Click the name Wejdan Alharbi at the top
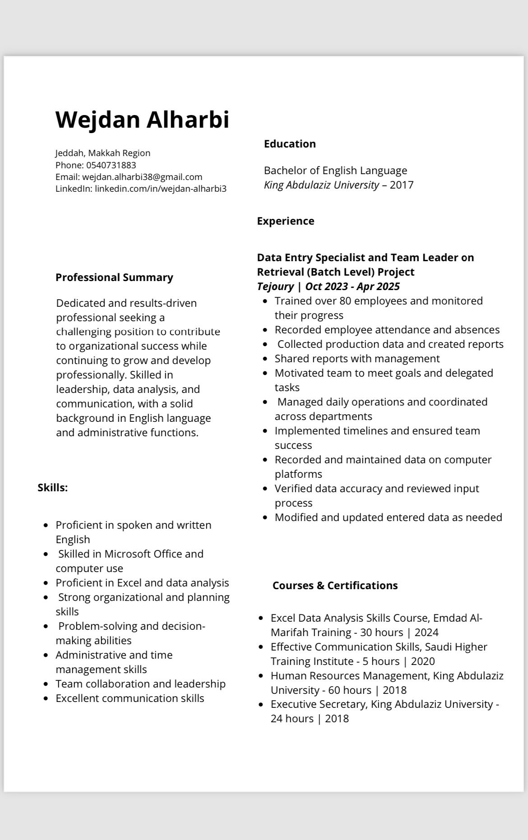142,120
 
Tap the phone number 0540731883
111,165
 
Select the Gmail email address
142,177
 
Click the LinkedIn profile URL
161,189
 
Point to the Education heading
290,144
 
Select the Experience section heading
286,221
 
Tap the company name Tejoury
275,286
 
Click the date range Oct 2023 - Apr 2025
352,286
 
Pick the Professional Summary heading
114,277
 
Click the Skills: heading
53,488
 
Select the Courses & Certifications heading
335,586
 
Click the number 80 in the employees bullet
345,301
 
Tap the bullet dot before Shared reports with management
265,359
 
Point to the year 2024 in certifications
426,632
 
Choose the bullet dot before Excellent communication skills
46,698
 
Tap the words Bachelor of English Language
335,171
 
